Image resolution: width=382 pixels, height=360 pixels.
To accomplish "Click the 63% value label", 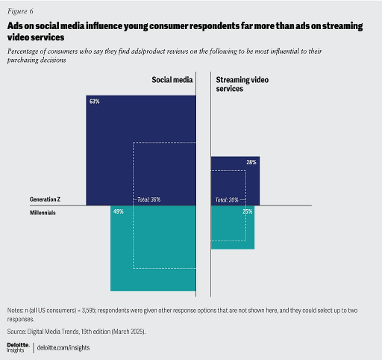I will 94,101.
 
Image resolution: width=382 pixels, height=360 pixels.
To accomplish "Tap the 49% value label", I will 118,212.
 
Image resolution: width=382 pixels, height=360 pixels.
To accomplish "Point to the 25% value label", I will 247,212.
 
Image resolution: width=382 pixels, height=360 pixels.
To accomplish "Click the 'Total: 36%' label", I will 148,200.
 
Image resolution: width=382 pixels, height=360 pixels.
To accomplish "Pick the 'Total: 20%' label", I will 227,200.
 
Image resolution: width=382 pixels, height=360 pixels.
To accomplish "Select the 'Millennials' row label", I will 43,212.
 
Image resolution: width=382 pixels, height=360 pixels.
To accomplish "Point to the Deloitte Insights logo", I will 19,347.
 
